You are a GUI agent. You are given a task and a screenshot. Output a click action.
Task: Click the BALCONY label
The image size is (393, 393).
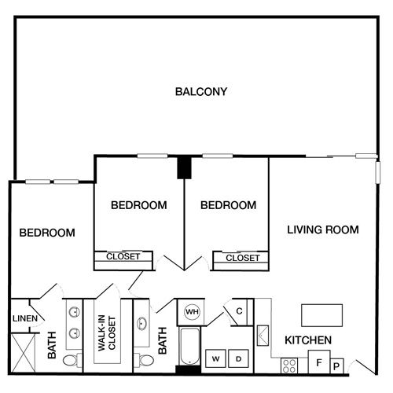coord(201,92)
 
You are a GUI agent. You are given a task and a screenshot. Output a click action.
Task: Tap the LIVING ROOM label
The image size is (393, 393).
coord(323,230)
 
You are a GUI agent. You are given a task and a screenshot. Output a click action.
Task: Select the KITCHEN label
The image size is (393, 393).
coord(308,340)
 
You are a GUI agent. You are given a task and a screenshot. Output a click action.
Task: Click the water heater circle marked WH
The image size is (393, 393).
coord(192,312)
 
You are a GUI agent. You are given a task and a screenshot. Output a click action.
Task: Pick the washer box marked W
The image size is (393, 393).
coord(215,358)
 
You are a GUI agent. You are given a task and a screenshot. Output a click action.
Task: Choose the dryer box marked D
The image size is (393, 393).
coord(238,358)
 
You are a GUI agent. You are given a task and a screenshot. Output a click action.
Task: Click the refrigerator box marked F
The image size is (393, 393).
coord(319,362)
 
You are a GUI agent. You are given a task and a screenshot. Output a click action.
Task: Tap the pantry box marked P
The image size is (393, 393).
coord(336,365)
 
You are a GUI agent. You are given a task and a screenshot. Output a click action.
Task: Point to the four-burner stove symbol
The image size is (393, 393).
coord(289,365)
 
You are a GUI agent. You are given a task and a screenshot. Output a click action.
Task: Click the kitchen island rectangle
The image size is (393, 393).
coord(322,315)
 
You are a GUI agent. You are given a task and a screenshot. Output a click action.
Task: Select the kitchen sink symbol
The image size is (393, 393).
coord(263,336)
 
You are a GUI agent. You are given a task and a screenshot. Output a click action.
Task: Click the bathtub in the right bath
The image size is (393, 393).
coord(189,346)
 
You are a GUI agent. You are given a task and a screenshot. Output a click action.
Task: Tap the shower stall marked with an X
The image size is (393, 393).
coord(24,352)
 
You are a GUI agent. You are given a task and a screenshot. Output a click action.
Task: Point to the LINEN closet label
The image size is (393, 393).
coord(25,318)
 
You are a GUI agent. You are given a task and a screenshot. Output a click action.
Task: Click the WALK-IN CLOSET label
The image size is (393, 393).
coord(107,333)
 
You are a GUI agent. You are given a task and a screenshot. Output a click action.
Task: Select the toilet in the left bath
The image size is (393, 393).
coord(73,360)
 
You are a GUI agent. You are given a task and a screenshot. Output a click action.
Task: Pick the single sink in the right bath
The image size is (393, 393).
coord(141,323)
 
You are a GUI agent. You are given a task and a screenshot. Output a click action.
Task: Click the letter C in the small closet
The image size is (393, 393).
coord(239,311)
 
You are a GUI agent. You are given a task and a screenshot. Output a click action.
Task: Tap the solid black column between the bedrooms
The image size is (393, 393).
coord(184,168)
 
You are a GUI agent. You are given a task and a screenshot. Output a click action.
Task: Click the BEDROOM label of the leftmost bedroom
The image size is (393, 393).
coord(47,233)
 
